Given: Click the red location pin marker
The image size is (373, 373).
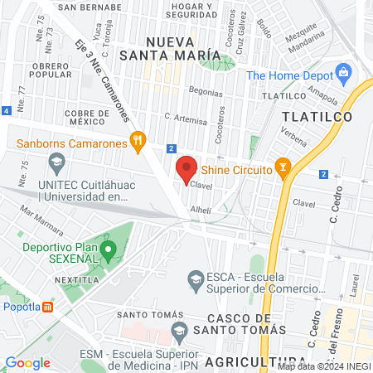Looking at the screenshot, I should click(186, 168).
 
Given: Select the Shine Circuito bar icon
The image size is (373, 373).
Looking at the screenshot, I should click(283, 169).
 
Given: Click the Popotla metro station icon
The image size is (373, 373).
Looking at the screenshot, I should click(48, 307).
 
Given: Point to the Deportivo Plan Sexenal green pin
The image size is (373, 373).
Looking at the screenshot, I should click(107, 249).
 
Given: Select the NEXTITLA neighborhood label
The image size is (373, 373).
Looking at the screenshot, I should click(79, 281).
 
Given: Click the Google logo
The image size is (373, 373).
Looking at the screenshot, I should click(28, 362).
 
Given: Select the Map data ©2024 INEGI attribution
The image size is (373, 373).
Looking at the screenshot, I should click(323, 366).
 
